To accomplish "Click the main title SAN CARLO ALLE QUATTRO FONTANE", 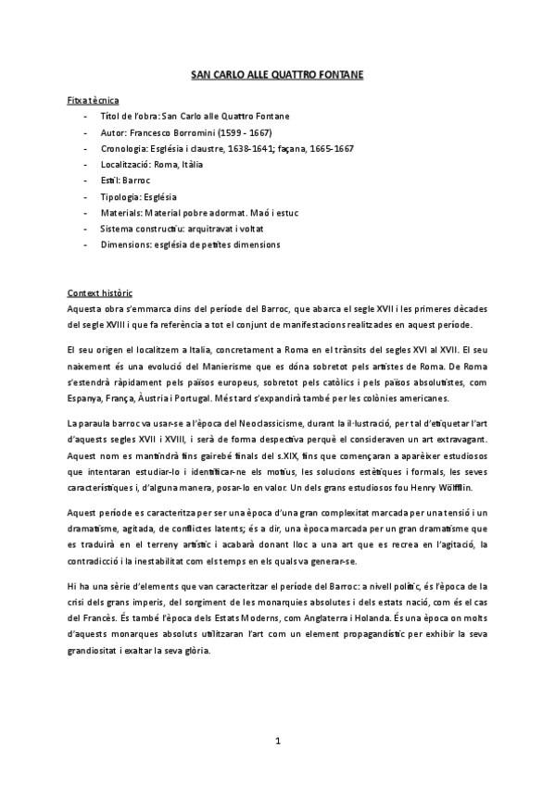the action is pyautogui.click(x=277, y=80).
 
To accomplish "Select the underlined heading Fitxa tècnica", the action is pyautogui.click(x=93, y=99).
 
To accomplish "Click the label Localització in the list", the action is pyautogui.click(x=125, y=164).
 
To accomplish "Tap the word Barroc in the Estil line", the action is pyautogui.click(x=136, y=181).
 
